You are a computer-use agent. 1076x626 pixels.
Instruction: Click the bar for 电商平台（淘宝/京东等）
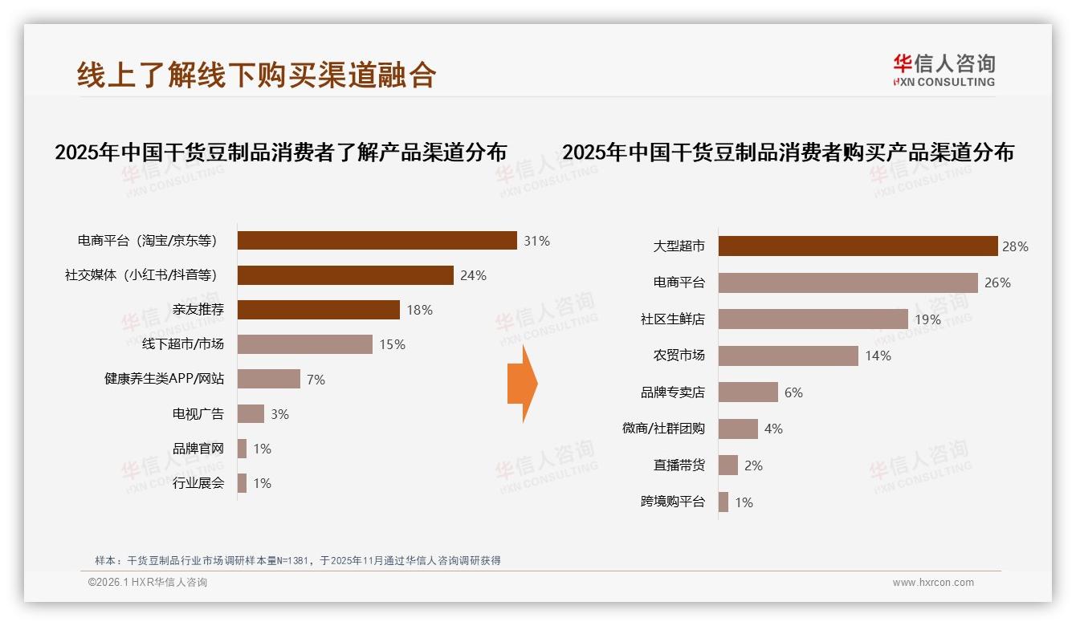pos(377,241)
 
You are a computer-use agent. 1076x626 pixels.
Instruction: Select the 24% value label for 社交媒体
pos(473,275)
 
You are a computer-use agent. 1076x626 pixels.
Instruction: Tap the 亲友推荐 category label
pos(198,310)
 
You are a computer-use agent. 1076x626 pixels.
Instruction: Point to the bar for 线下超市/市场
pos(305,344)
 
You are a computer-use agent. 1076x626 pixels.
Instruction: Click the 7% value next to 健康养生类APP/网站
pos(316,380)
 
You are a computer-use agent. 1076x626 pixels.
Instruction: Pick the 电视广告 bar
pos(251,414)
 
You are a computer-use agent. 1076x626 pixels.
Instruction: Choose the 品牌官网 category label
pos(198,449)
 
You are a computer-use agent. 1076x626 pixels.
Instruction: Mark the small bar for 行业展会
pos(242,483)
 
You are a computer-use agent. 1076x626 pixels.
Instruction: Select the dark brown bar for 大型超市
pos(858,246)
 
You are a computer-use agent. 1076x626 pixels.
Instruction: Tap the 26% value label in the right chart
pos(998,283)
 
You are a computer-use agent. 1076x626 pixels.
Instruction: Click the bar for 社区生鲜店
pos(813,319)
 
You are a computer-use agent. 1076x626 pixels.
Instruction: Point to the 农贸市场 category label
pos(679,356)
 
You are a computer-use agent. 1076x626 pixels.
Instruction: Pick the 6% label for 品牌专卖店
pos(793,392)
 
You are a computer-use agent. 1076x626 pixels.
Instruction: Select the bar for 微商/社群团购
pos(738,429)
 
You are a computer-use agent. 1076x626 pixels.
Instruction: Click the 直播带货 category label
pos(679,465)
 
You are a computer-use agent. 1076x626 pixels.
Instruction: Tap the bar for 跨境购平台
pos(723,502)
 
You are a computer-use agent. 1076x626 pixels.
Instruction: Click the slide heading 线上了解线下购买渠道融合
pos(257,74)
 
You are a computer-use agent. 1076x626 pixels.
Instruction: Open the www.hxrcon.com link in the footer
pos(933,583)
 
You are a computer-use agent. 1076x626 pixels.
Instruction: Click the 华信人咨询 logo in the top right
pos(944,70)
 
